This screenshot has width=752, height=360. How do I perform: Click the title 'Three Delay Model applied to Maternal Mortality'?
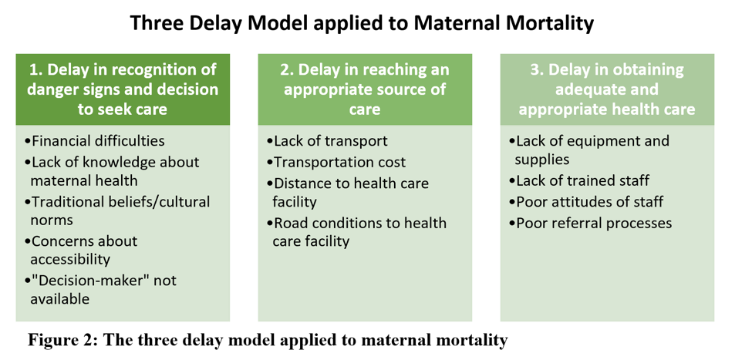click(362, 23)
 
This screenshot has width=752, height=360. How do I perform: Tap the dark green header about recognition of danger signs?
click(123, 89)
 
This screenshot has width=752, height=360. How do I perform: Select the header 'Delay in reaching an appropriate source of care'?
click(365, 89)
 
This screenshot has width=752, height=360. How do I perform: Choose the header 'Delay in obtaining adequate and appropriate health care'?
click(607, 89)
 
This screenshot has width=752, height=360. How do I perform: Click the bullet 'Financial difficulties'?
click(96, 141)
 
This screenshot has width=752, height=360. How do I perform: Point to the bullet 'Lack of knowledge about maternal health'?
click(113, 170)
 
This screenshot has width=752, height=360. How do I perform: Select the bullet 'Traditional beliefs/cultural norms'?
click(118, 210)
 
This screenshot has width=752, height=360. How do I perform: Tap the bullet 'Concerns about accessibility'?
click(82, 250)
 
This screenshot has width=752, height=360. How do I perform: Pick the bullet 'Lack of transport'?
click(328, 141)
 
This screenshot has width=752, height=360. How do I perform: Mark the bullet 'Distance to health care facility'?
click(349, 192)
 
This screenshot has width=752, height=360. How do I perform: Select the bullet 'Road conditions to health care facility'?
click(357, 232)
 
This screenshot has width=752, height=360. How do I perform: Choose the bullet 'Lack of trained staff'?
click(580, 180)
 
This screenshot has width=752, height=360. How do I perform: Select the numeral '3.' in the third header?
click(537, 69)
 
